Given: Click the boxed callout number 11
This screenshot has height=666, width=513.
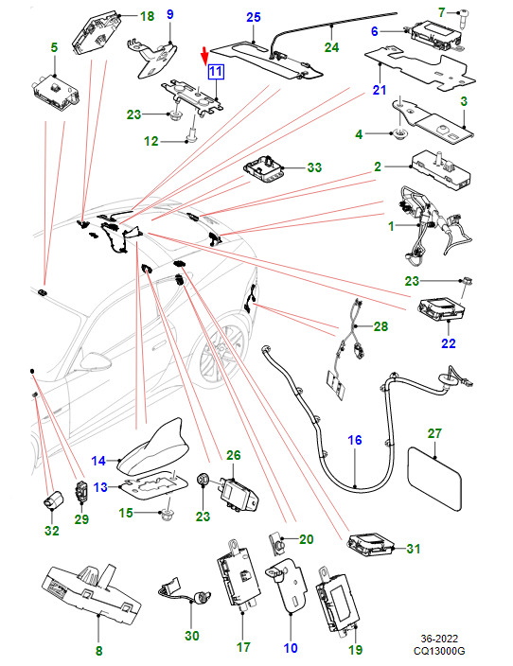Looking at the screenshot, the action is [216, 71].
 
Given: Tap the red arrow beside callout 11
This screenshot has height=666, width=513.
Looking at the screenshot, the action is [204, 55].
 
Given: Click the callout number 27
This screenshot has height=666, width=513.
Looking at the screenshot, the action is [434, 433].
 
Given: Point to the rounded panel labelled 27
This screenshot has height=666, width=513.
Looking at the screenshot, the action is [434, 478].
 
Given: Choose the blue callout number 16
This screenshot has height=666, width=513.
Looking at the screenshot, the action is [355, 440].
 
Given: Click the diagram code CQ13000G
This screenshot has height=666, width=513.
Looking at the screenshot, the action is [439, 651].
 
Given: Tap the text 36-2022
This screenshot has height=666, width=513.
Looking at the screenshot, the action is [439, 639].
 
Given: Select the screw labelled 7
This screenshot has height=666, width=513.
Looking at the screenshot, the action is [458, 18].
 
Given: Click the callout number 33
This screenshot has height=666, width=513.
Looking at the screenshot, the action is [314, 167].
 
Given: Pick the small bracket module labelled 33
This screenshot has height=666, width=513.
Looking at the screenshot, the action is [264, 169].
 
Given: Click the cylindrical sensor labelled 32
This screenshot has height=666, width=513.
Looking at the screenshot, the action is [53, 499].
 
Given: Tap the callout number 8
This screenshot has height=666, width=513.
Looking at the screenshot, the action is [99, 651].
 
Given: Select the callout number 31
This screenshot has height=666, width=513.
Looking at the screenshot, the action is [413, 549].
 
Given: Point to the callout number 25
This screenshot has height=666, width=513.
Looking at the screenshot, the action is [254, 17].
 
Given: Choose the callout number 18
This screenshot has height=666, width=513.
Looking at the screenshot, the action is [147, 16].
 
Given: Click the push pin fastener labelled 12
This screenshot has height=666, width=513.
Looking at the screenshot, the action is [192, 134].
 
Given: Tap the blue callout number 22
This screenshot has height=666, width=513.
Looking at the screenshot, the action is [449, 342].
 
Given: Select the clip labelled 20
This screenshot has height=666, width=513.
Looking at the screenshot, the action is [276, 543].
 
